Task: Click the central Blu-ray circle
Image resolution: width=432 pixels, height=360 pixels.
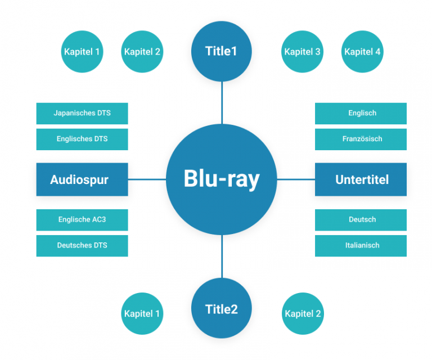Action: click(222, 179)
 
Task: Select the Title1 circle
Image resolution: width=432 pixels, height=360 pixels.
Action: click(222, 52)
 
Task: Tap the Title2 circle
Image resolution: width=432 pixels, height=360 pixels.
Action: click(222, 309)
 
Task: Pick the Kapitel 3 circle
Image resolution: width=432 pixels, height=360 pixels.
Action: click(303, 52)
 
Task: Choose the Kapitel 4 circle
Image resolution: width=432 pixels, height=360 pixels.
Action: click(362, 52)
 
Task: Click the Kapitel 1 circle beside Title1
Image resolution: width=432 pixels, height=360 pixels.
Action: click(82, 52)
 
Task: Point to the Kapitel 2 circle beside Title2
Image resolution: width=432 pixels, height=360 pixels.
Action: click(303, 313)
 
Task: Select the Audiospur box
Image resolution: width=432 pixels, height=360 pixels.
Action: click(82, 179)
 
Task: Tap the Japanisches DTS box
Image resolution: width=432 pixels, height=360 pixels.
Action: click(82, 113)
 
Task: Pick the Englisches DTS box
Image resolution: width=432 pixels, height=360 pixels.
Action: click(82, 139)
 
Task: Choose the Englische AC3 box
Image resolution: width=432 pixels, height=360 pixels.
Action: click(82, 219)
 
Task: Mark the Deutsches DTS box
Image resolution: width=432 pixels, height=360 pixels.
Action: click(82, 245)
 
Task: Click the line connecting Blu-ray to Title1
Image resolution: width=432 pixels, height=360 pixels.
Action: click(222, 102)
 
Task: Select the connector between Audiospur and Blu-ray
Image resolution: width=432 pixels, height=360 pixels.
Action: click(147, 179)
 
